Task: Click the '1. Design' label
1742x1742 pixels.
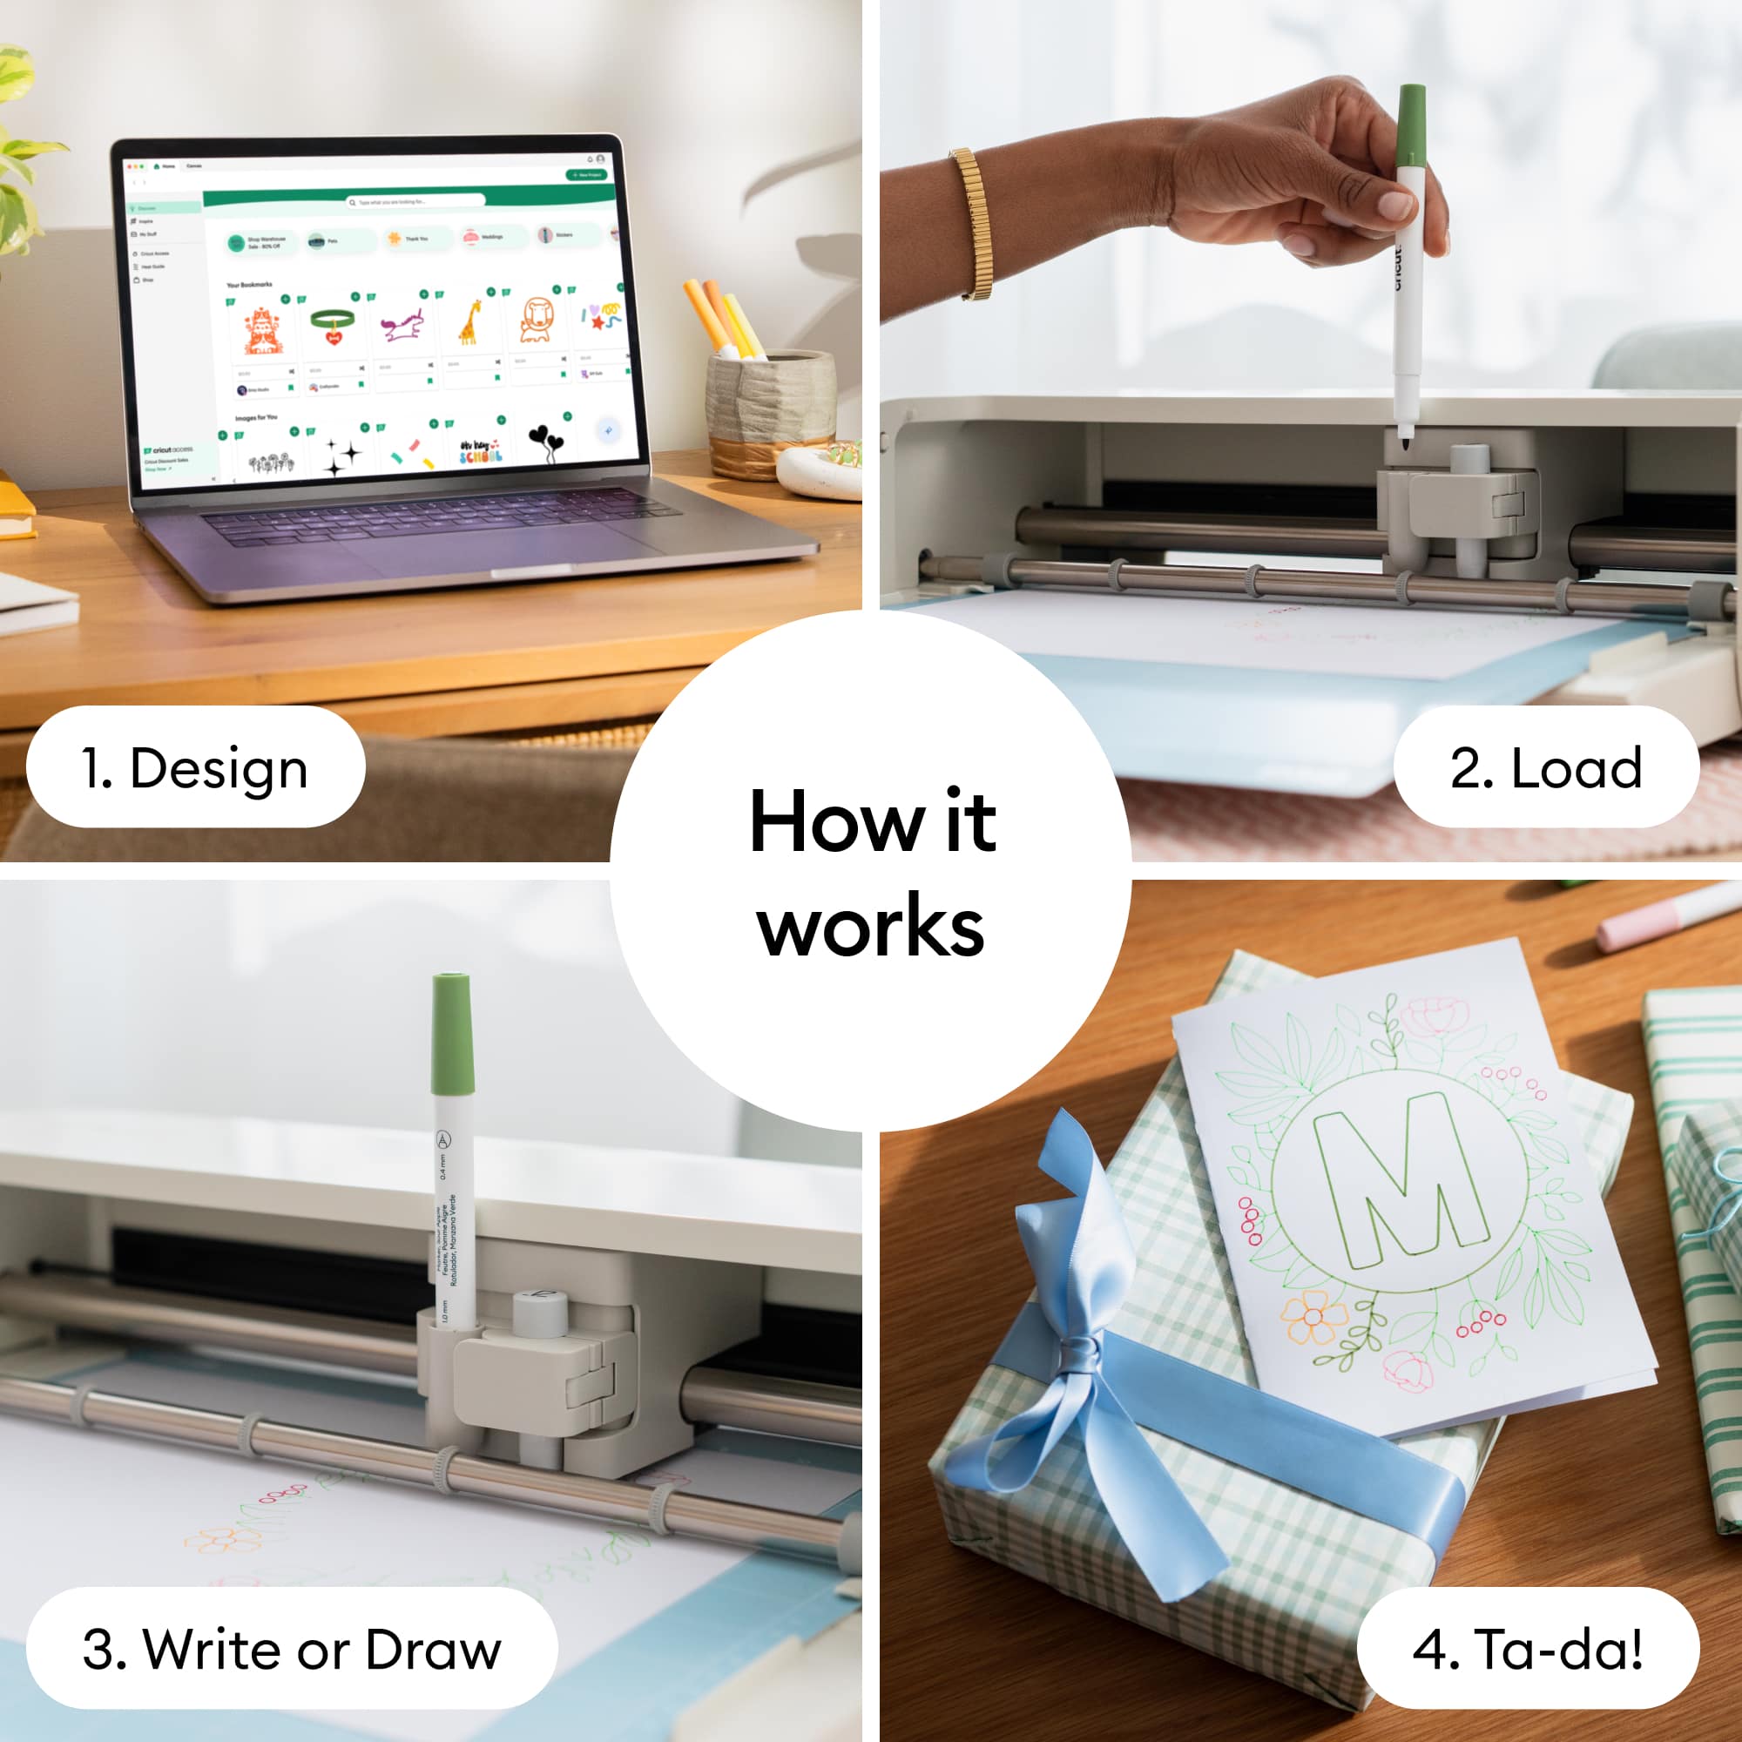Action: pos(195,767)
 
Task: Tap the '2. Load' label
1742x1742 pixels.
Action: pos(1545,767)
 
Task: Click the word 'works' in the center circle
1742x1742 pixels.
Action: pos(871,928)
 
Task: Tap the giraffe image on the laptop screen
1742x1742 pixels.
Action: pos(469,323)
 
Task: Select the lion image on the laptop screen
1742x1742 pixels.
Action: pos(537,320)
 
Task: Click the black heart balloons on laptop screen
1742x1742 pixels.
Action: pos(544,442)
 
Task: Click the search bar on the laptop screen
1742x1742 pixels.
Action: pos(415,201)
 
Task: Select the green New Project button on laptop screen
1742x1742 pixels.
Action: pos(586,174)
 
